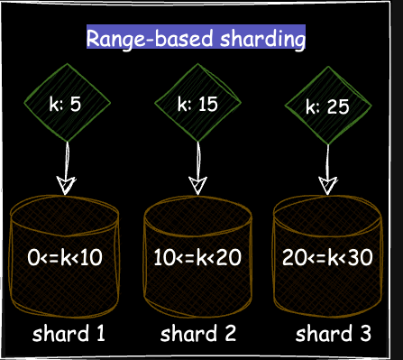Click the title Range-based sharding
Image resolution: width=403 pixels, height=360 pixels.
tap(196, 39)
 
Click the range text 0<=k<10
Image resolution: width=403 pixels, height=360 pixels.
tap(66, 258)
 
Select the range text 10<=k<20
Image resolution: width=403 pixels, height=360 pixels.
tap(197, 258)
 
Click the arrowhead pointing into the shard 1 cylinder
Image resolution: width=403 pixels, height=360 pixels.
tap(66, 186)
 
